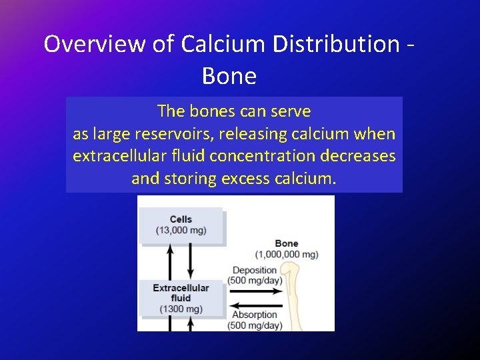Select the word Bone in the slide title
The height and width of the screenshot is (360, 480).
pos(229,76)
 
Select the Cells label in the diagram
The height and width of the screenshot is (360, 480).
pos(181,219)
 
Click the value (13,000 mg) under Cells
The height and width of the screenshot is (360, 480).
pos(181,231)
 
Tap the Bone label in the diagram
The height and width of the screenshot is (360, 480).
pos(286,243)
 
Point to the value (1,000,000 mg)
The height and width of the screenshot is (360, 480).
pos(287,254)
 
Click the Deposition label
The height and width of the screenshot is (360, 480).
pos(254,270)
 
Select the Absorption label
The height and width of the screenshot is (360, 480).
pos(254,315)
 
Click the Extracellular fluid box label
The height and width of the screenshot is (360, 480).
pos(181,293)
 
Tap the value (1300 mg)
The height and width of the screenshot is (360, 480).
pos(181,309)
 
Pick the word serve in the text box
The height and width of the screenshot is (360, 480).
pos(292,111)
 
